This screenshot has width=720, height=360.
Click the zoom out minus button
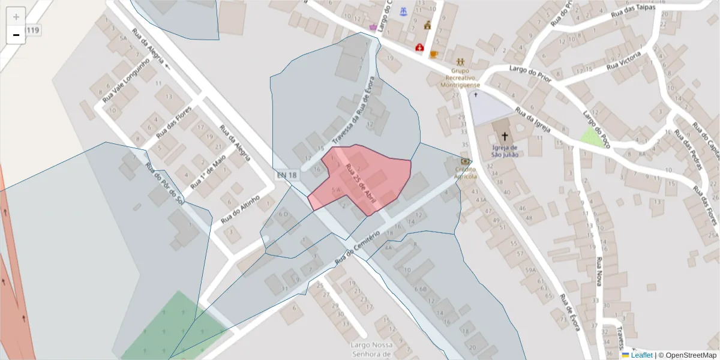[x=16, y=35]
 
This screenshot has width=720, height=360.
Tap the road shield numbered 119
[x=33, y=30]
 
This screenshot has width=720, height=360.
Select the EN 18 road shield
[x=286, y=175]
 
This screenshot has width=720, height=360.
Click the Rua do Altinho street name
[x=240, y=209]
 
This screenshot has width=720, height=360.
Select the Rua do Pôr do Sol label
[x=163, y=183]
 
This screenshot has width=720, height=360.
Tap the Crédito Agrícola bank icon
[x=465, y=161]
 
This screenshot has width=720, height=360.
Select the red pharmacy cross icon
[x=419, y=46]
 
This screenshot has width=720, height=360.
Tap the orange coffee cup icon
[x=433, y=54]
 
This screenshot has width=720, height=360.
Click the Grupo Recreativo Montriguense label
[x=460, y=77]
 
